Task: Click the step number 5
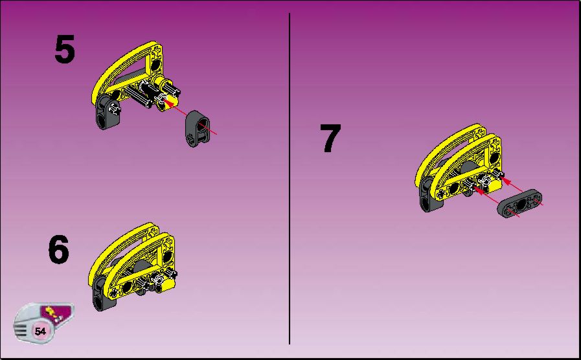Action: tap(65, 49)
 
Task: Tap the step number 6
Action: tap(58, 249)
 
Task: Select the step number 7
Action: tap(330, 138)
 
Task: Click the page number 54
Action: tap(40, 331)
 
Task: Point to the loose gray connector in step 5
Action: tap(197, 128)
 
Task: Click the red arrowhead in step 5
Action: tap(168, 102)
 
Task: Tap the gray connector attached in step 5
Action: tap(108, 112)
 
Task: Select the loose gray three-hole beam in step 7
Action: tap(519, 203)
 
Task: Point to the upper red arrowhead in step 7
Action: tap(505, 181)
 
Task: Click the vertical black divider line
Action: tap(290, 179)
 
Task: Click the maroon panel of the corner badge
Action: tap(58, 313)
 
